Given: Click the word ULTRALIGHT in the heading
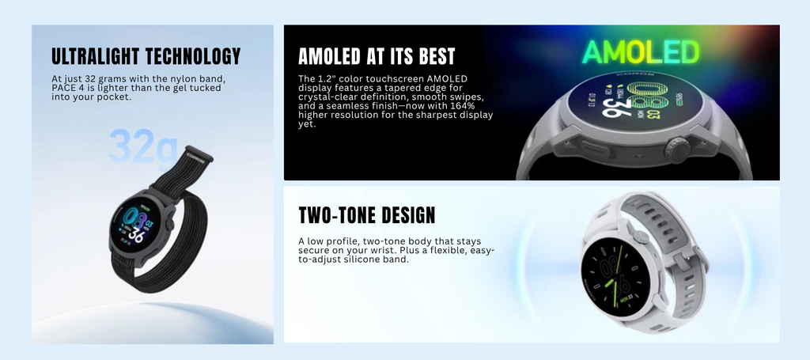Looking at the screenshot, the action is click(x=96, y=56).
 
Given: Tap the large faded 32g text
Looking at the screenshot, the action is click(x=143, y=146).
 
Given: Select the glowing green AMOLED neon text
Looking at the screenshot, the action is click(x=641, y=52).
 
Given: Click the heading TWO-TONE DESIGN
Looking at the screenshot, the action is click(x=367, y=215).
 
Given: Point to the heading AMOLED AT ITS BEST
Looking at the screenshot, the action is click(x=377, y=56).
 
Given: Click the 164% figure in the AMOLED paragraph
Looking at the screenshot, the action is click(x=464, y=106).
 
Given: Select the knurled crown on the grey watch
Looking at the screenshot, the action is click(x=677, y=150).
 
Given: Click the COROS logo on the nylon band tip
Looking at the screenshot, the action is click(x=197, y=157).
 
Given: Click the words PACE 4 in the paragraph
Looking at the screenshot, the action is click(x=65, y=88).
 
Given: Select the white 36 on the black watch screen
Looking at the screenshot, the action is click(x=136, y=235).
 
